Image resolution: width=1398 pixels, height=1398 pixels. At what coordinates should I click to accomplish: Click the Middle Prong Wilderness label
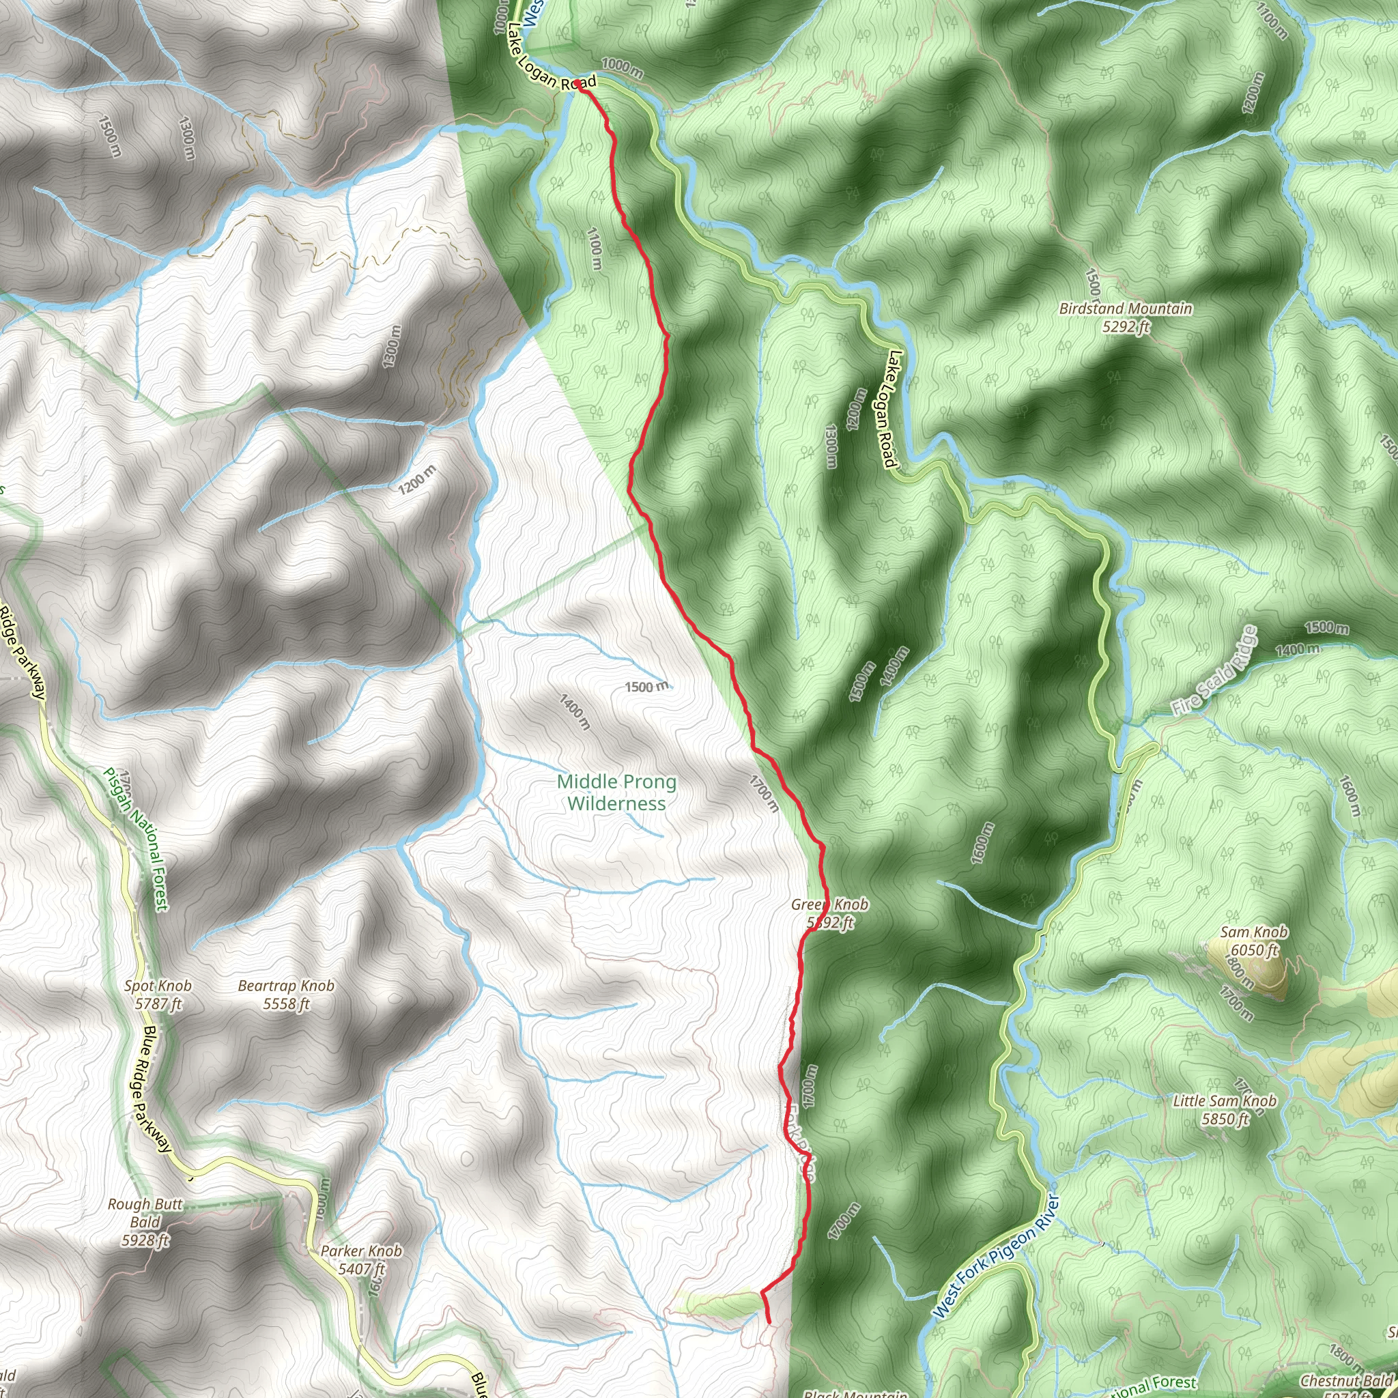[616, 793]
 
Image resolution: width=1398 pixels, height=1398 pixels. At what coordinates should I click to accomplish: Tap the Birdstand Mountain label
[1125, 309]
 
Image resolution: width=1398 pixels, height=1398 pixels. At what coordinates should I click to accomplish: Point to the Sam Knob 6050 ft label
[1253, 941]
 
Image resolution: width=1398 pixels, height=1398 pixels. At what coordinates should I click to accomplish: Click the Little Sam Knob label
[1225, 1101]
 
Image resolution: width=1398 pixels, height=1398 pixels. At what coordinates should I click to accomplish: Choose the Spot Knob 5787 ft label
[158, 994]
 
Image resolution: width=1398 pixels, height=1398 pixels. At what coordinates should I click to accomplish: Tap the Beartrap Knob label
[286, 986]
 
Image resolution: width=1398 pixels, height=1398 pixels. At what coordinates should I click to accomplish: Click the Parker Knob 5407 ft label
[361, 1260]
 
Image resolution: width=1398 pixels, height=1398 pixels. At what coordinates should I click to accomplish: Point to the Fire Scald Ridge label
[1214, 672]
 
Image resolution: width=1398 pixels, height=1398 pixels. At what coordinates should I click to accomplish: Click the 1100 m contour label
[594, 249]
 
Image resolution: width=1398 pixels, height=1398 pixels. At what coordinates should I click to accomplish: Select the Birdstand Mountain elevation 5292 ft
[1125, 327]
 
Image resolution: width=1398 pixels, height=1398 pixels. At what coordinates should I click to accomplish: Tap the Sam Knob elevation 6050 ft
[1255, 950]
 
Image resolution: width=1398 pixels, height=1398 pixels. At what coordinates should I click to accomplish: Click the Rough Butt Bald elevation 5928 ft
[145, 1240]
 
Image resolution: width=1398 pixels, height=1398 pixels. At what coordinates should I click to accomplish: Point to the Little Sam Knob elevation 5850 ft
[1225, 1119]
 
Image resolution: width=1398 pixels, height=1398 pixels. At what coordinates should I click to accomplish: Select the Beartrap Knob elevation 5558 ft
[286, 1003]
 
